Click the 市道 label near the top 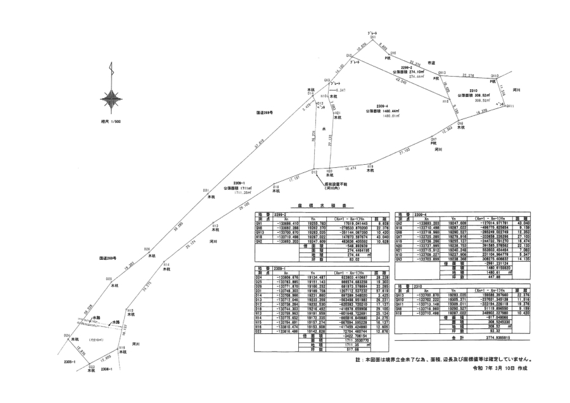(x=431, y=63)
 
